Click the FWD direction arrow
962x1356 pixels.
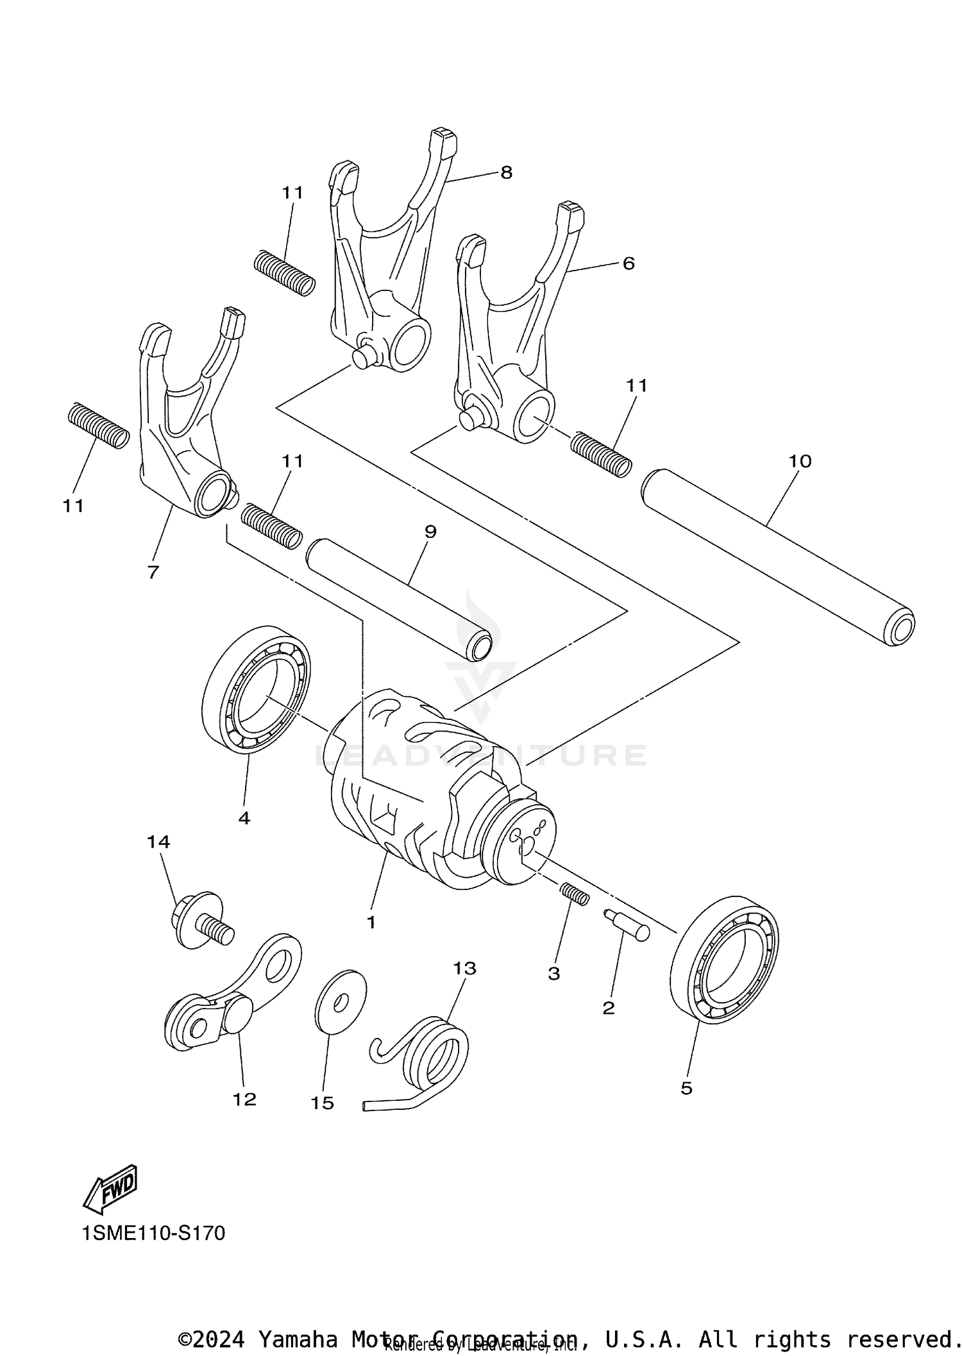click(x=111, y=1189)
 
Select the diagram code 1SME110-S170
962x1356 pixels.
click(x=153, y=1233)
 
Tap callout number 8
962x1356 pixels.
click(x=506, y=172)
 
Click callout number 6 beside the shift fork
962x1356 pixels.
click(x=628, y=263)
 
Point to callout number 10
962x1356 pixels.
click(x=800, y=461)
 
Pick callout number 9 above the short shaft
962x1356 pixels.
click(x=430, y=532)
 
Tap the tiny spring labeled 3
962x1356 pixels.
click(x=575, y=894)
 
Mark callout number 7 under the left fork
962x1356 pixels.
click(x=153, y=572)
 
